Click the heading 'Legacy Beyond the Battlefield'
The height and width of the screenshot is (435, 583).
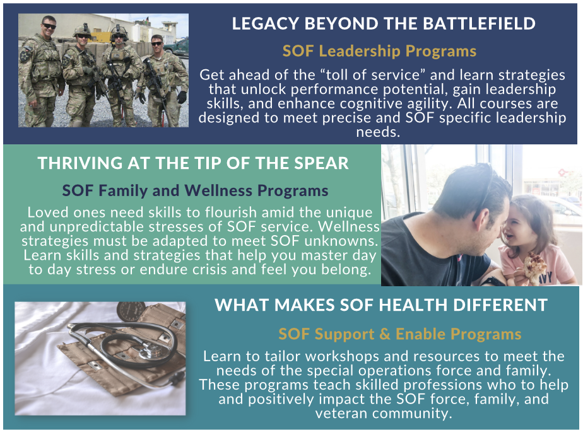(384, 24)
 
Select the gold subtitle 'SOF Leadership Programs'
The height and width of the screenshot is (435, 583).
(379, 51)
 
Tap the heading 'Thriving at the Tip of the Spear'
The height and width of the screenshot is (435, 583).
(193, 163)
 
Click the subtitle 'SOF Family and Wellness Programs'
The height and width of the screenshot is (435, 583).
(195, 191)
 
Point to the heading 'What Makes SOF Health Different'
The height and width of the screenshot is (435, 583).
(381, 305)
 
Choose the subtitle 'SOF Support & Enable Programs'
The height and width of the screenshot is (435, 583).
(399, 334)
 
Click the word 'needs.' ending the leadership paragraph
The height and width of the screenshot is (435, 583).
(378, 132)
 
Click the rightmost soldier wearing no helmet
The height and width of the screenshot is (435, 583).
(163, 80)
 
